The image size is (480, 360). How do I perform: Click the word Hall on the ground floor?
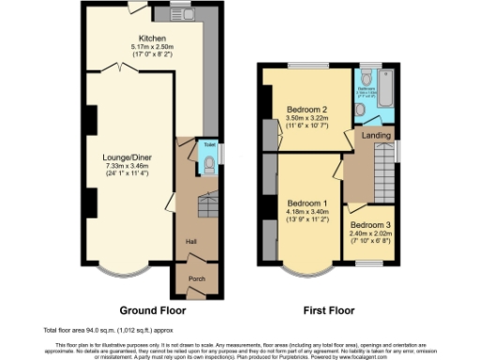coord(190,241)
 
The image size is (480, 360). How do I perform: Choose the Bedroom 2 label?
coord(307,109)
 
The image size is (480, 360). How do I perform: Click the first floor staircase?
coord(381,177)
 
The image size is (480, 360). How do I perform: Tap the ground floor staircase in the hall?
coord(204,204)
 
